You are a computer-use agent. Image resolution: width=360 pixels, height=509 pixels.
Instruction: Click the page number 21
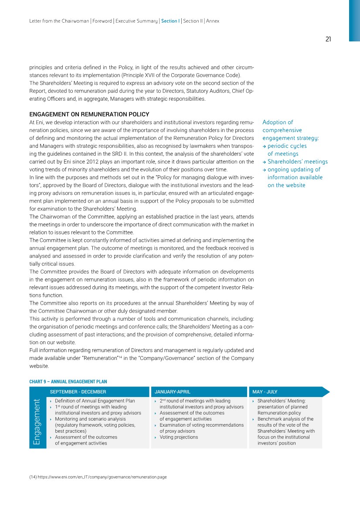(x=328, y=39)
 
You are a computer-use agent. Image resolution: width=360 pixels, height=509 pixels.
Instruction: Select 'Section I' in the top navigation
(x=170, y=21)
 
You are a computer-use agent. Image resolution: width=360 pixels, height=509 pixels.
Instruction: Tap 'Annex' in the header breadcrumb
(x=213, y=21)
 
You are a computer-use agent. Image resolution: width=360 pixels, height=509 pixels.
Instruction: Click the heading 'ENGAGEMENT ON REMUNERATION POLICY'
(x=89, y=115)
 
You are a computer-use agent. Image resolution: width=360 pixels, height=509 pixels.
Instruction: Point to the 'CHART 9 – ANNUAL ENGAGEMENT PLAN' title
(x=68, y=382)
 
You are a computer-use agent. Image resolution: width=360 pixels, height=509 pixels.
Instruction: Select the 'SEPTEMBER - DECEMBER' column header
(x=78, y=392)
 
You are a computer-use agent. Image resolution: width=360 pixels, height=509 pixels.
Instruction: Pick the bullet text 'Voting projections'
(x=179, y=437)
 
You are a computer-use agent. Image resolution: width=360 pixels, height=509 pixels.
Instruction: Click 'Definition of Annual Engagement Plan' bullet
(x=95, y=400)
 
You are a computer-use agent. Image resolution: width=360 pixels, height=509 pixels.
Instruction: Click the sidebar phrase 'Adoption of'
(x=278, y=122)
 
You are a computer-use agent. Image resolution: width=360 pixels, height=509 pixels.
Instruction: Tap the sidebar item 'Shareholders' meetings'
(x=298, y=162)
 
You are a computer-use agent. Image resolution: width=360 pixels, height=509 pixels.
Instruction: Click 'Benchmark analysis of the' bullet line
(x=285, y=419)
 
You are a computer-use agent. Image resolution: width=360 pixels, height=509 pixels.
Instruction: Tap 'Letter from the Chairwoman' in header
(x=59, y=21)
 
